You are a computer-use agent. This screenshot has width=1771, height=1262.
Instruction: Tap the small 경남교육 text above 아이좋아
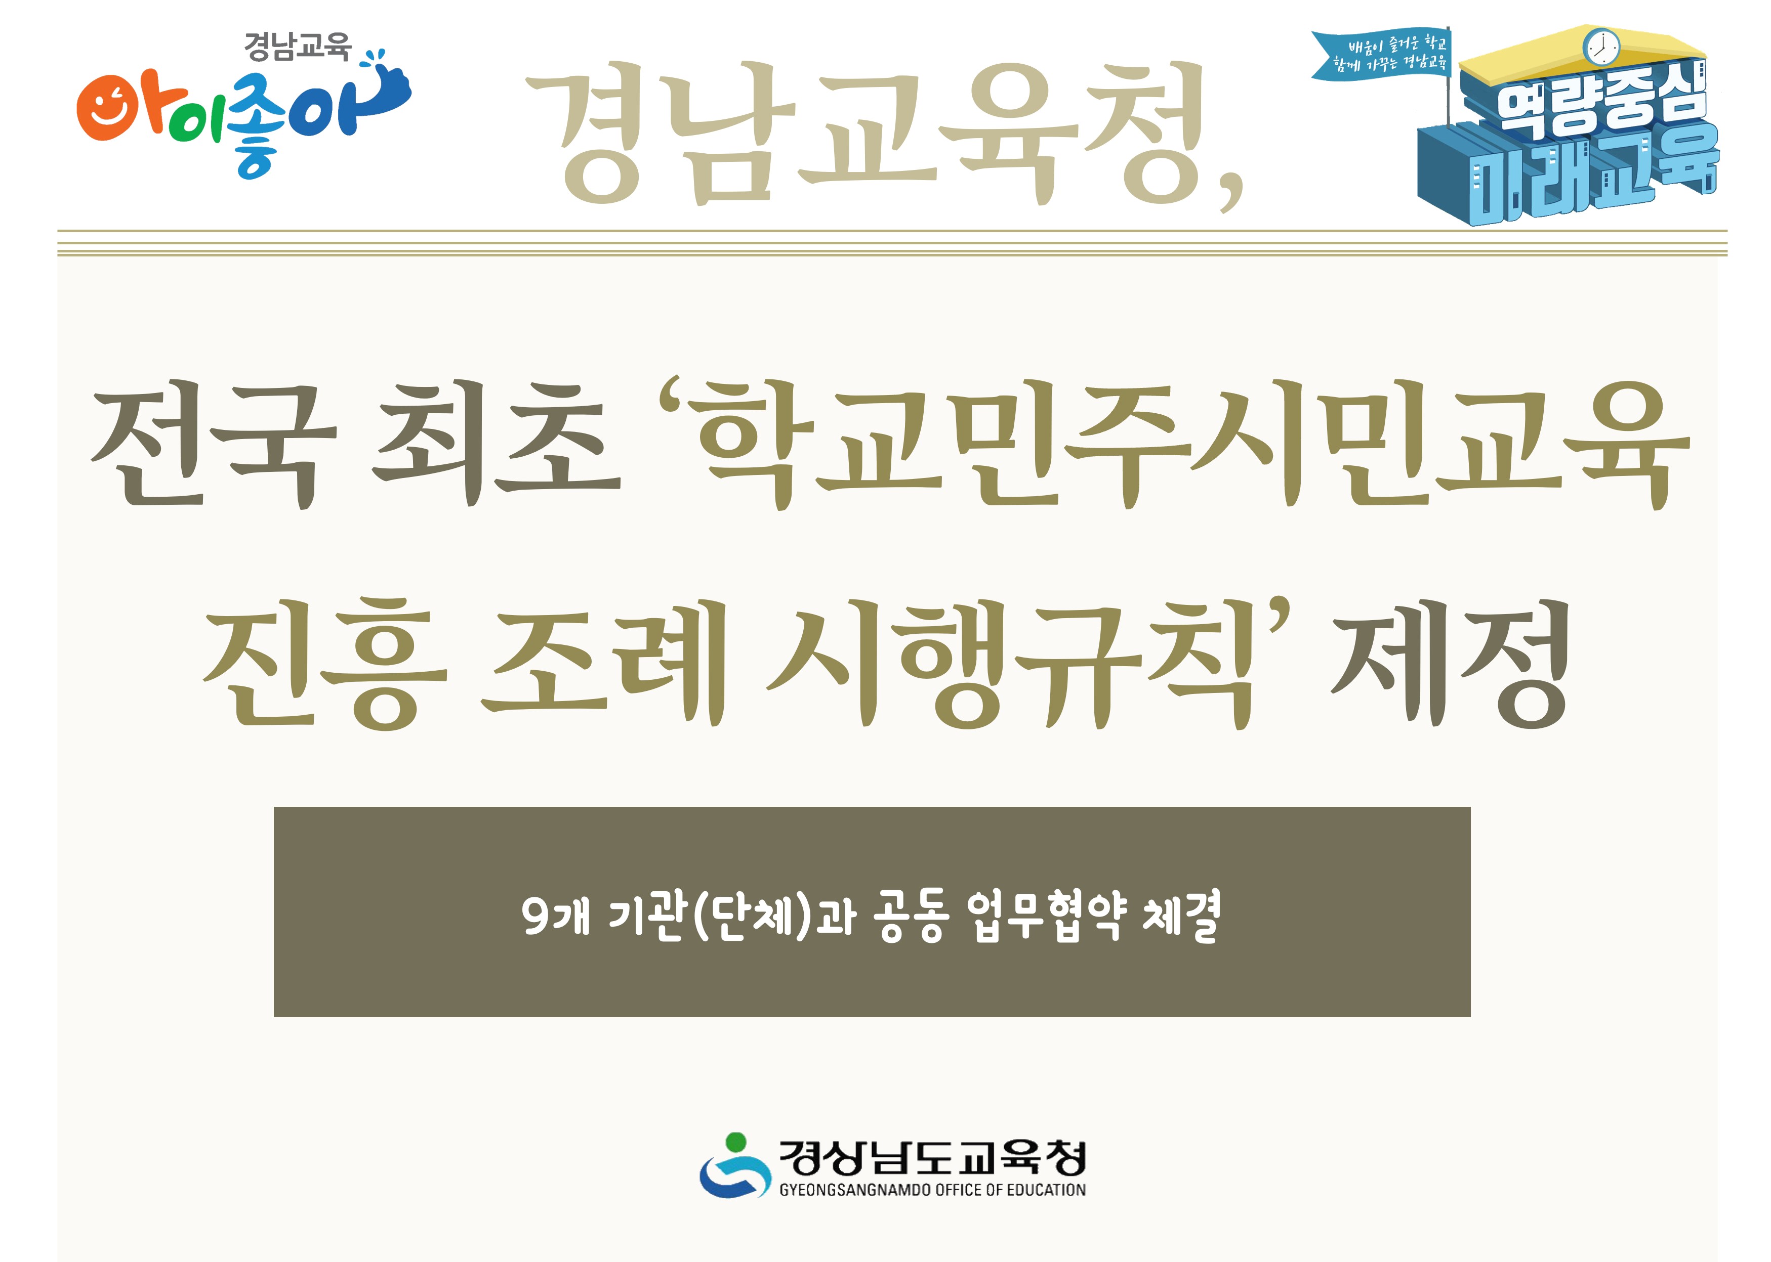(x=297, y=47)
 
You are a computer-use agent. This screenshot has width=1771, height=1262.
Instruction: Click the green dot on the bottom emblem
(x=735, y=1142)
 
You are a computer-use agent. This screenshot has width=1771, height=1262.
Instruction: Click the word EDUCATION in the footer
(x=1046, y=1190)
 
